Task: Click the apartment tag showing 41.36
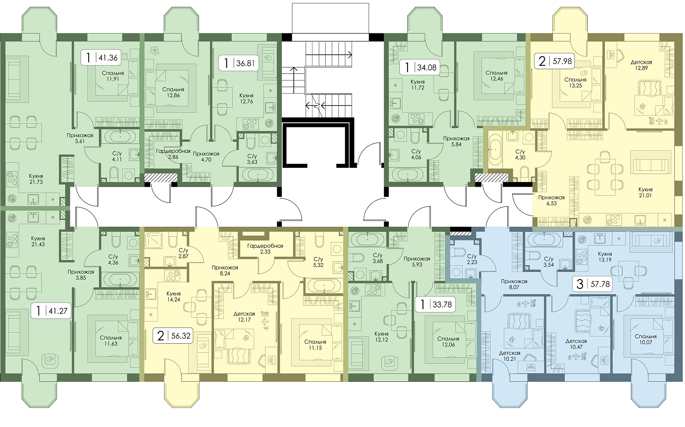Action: (101, 57)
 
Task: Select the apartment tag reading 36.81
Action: (239, 63)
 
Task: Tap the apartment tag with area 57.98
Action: (554, 61)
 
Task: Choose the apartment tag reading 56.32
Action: (173, 336)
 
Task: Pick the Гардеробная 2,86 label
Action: (173, 154)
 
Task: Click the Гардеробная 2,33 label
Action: (265, 249)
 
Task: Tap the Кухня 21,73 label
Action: (36, 179)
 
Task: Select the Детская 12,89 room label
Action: (641, 65)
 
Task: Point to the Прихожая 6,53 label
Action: (551, 200)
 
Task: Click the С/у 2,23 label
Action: (472, 259)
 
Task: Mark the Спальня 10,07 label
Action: (645, 339)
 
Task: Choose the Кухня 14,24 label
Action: (173, 296)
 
